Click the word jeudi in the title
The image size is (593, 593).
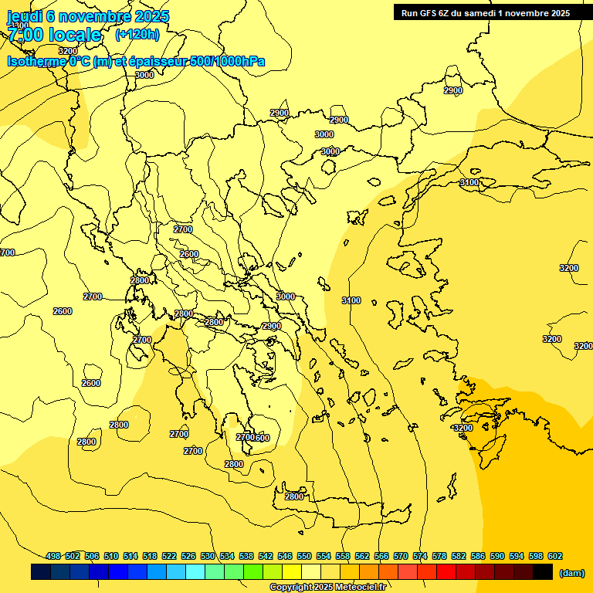[25, 16]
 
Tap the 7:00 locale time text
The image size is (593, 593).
[55, 35]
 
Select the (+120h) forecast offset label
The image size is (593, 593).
[137, 34]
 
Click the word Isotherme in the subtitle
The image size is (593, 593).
[36, 61]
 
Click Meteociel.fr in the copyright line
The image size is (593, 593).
[360, 588]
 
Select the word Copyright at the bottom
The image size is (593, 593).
[291, 588]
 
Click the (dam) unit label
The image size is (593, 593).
[571, 572]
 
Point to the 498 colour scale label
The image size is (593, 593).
[53, 556]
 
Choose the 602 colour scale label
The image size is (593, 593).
[554, 556]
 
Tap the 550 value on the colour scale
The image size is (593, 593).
[304, 556]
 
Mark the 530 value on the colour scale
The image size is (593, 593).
[208, 556]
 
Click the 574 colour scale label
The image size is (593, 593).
[420, 556]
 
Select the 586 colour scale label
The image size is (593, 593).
[478, 556]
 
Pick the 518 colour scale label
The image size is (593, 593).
[150, 556]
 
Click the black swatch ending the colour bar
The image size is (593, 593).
[542, 572]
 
